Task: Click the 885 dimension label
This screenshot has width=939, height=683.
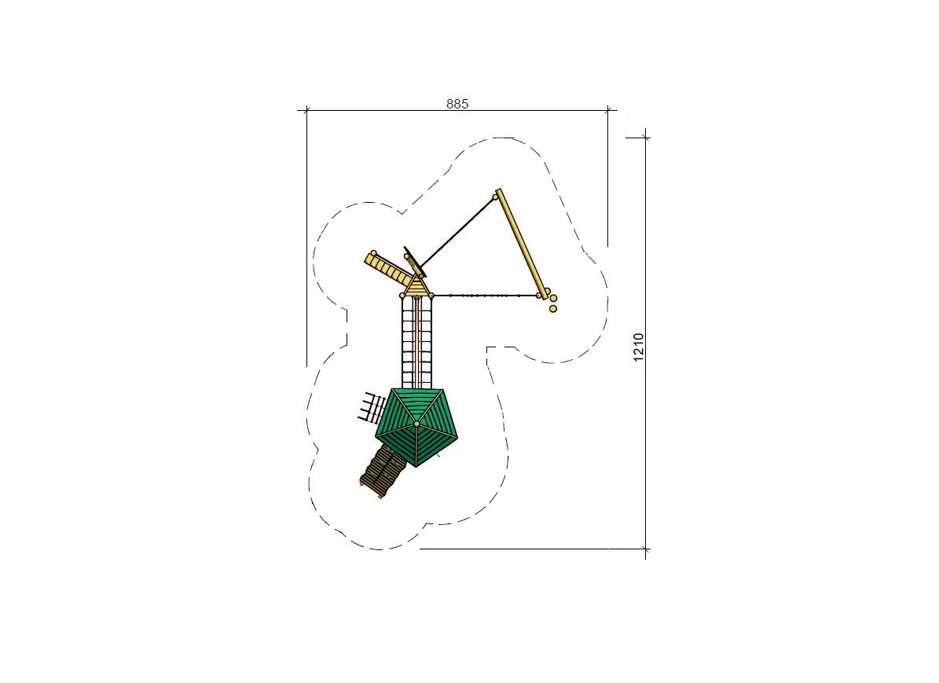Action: click(x=457, y=104)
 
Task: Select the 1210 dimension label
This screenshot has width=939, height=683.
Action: click(x=638, y=347)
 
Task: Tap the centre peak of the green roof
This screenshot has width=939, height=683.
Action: click(x=416, y=424)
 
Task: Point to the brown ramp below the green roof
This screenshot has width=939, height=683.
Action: click(x=382, y=471)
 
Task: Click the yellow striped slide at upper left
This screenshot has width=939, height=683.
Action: click(x=389, y=269)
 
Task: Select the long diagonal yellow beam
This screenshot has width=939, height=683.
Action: click(x=521, y=243)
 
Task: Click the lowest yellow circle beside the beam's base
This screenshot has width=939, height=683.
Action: click(x=552, y=309)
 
